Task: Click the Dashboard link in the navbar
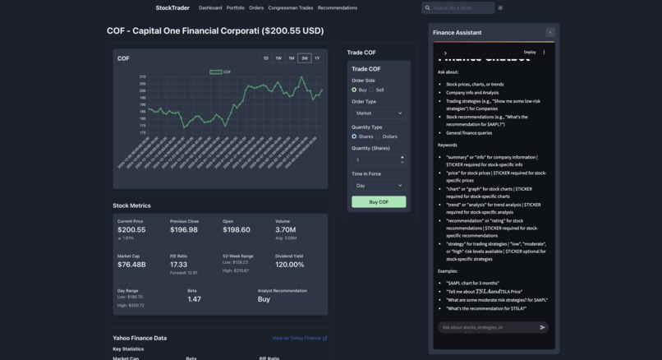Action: [210, 8]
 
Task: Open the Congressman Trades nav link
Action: [291, 8]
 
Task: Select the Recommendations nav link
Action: [338, 8]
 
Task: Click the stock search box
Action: [462, 8]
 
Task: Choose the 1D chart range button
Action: [265, 58]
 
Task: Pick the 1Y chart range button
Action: [317, 58]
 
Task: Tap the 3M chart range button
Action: [304, 58]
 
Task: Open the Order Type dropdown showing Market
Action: [379, 113]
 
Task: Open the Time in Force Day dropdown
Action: [379, 186]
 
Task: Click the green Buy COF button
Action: [379, 201]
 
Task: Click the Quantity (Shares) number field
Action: [375, 160]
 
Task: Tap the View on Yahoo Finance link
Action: [299, 338]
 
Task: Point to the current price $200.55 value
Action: [131, 230]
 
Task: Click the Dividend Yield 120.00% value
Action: [290, 265]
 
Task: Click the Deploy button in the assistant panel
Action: [530, 53]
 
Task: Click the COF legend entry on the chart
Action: [220, 72]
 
